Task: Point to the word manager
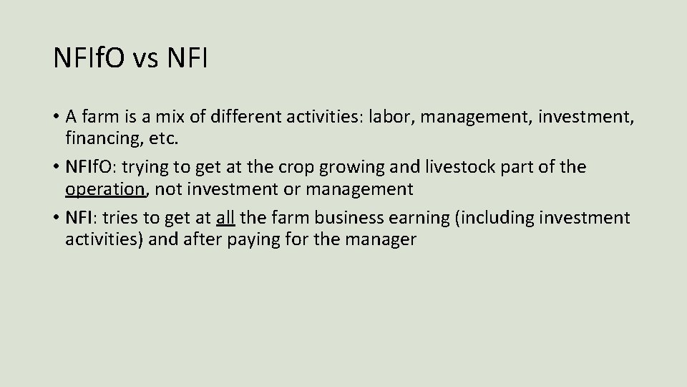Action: click(380, 239)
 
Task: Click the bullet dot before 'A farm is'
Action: click(55, 116)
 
